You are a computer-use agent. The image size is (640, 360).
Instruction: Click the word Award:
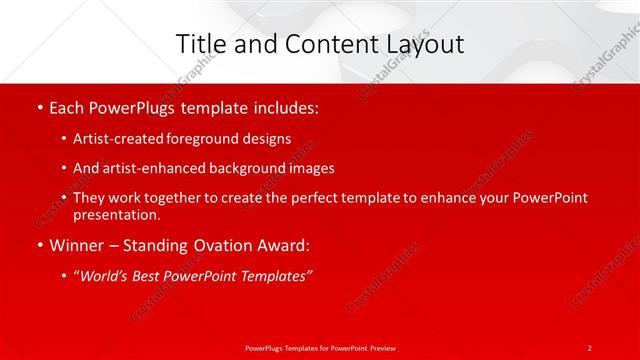pos(281,245)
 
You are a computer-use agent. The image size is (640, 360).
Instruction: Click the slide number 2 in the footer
pos(590,347)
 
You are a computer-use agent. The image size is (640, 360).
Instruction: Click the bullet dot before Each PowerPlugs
pos(39,106)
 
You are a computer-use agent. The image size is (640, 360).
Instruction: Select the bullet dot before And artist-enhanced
pos(65,169)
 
